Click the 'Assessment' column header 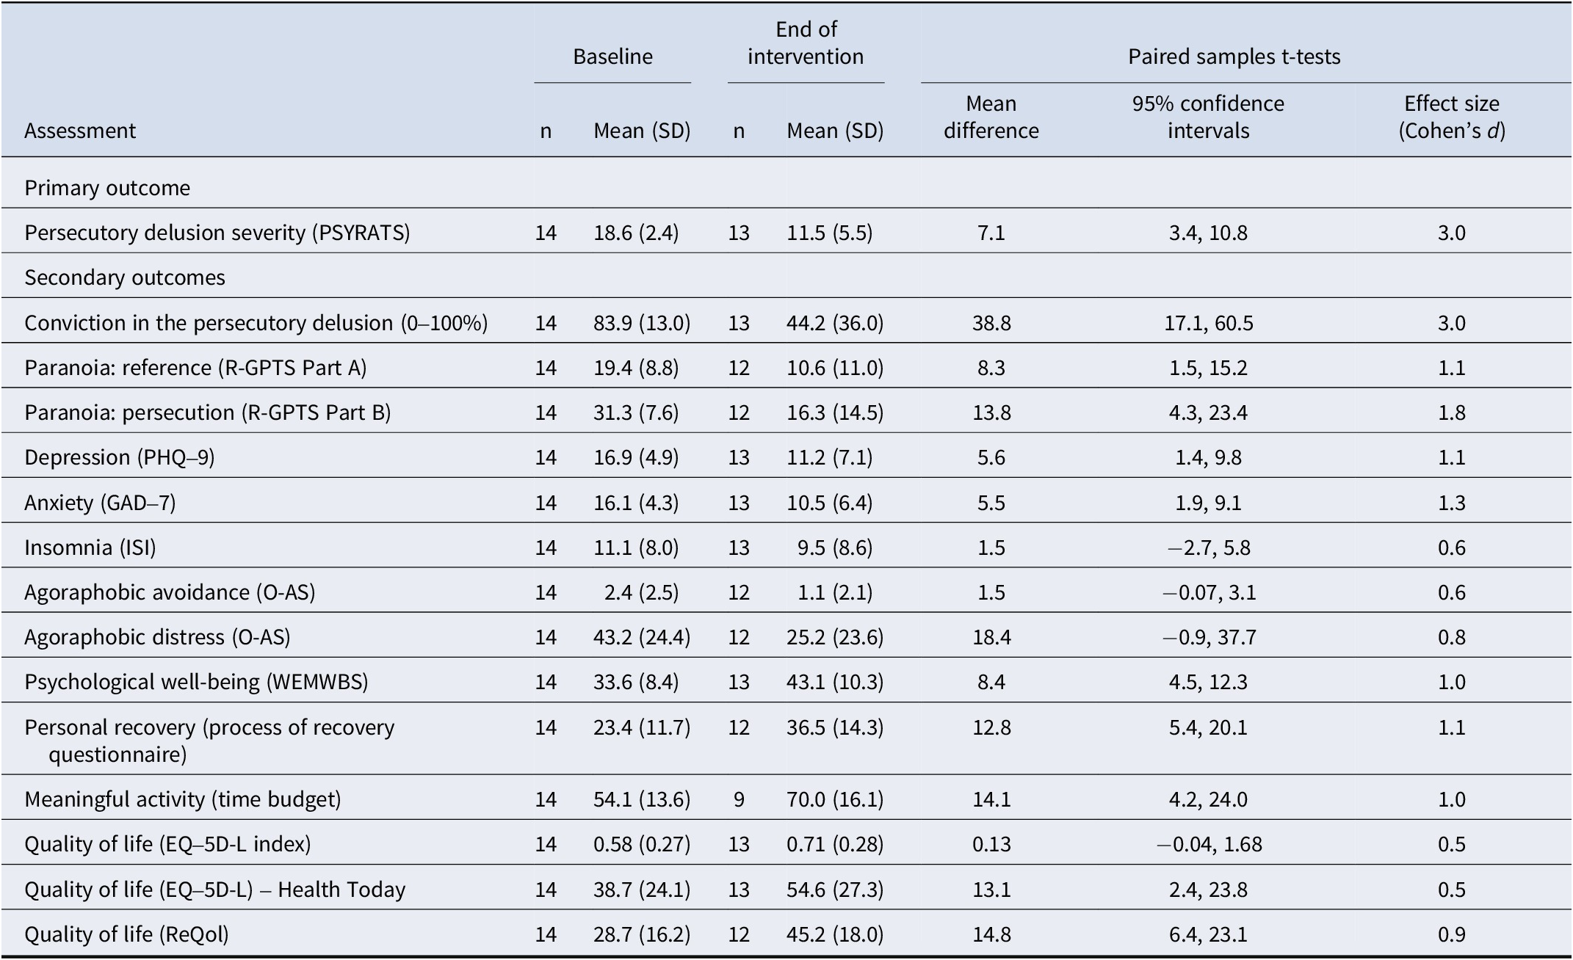pyautogui.click(x=80, y=131)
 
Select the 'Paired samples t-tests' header pyautogui.click(x=1234, y=57)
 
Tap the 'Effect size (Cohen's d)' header pyautogui.click(x=1451, y=117)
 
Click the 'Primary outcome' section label pyautogui.click(x=107, y=188)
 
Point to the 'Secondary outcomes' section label pyautogui.click(x=125, y=277)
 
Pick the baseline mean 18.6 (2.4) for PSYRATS pyautogui.click(x=636, y=233)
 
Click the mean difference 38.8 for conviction pyautogui.click(x=991, y=323)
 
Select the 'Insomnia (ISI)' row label pyautogui.click(x=90, y=548)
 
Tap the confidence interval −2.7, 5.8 pyautogui.click(x=1208, y=548)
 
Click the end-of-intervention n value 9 pyautogui.click(x=739, y=799)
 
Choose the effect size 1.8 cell pyautogui.click(x=1451, y=412)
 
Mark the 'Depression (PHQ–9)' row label pyautogui.click(x=120, y=457)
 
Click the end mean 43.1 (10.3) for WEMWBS pyautogui.click(x=835, y=682)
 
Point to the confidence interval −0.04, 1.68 pyautogui.click(x=1209, y=844)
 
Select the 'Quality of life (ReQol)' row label pyautogui.click(x=126, y=934)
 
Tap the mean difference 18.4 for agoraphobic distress pyautogui.click(x=991, y=637)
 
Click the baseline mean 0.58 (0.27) pyautogui.click(x=642, y=844)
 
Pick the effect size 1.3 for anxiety pyautogui.click(x=1451, y=503)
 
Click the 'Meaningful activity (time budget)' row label pyautogui.click(x=183, y=799)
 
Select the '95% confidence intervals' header pyautogui.click(x=1208, y=117)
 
